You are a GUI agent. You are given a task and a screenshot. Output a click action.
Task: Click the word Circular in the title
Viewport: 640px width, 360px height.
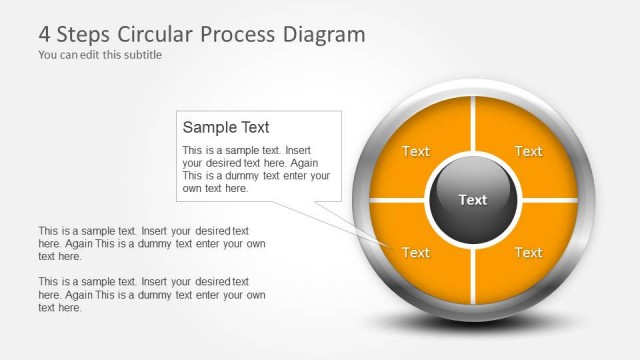pyautogui.click(x=155, y=35)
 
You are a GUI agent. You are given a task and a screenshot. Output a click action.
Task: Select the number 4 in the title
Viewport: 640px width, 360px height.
pyautogui.click(x=45, y=35)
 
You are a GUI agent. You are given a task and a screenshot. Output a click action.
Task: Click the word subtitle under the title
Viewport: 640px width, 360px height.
pyautogui.click(x=140, y=55)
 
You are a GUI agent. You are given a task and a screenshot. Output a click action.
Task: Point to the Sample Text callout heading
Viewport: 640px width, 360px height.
pyautogui.click(x=226, y=127)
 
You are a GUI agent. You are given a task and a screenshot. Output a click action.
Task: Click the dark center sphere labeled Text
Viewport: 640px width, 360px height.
pyautogui.click(x=472, y=200)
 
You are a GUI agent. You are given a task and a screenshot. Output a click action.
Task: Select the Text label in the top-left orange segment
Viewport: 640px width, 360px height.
pyautogui.click(x=416, y=151)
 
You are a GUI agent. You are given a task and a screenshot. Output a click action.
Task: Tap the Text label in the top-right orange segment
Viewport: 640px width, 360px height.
pyautogui.click(x=528, y=151)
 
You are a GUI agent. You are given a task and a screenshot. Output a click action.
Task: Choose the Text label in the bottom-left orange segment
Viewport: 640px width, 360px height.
pyautogui.click(x=416, y=252)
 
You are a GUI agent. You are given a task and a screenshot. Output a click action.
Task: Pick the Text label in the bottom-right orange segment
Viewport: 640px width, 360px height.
pyautogui.click(x=528, y=252)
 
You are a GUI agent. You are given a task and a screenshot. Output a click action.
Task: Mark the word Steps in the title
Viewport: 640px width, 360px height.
pyautogui.click(x=84, y=35)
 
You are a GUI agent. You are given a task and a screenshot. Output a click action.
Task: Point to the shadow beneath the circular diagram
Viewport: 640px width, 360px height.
pyautogui.click(x=470, y=325)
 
